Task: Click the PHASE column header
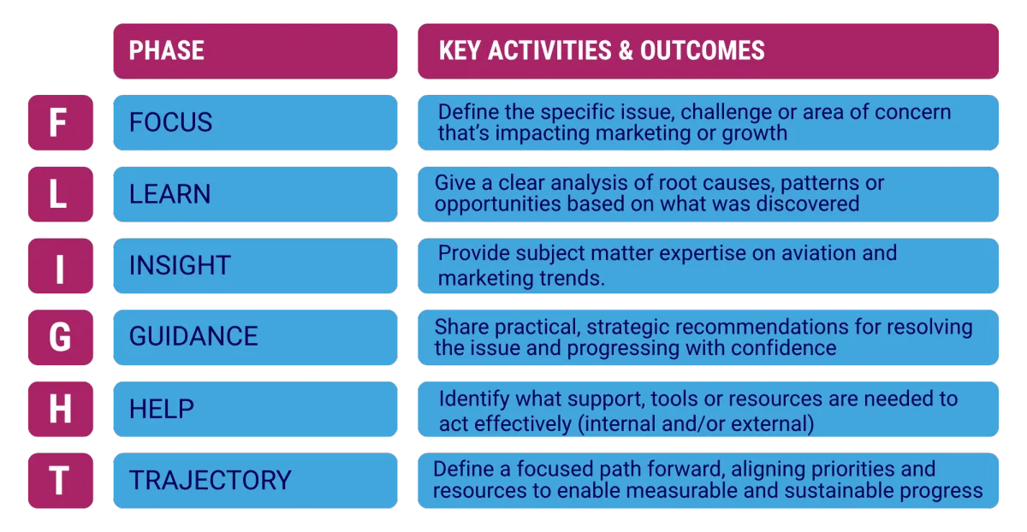coord(255,50)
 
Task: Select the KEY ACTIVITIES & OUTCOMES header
coord(708,50)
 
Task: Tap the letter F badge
coord(61,122)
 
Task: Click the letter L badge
coord(61,194)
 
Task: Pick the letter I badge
coord(61,266)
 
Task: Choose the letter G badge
coord(61,337)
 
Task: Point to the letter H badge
coord(61,409)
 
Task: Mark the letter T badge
coord(61,481)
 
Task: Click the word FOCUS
coord(170,122)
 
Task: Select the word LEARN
coord(169,194)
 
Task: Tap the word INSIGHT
coord(180,265)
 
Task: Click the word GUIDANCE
coord(193,336)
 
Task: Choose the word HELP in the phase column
coord(162,409)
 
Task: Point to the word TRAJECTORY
coord(210,480)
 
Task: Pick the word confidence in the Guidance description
coord(784,348)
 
